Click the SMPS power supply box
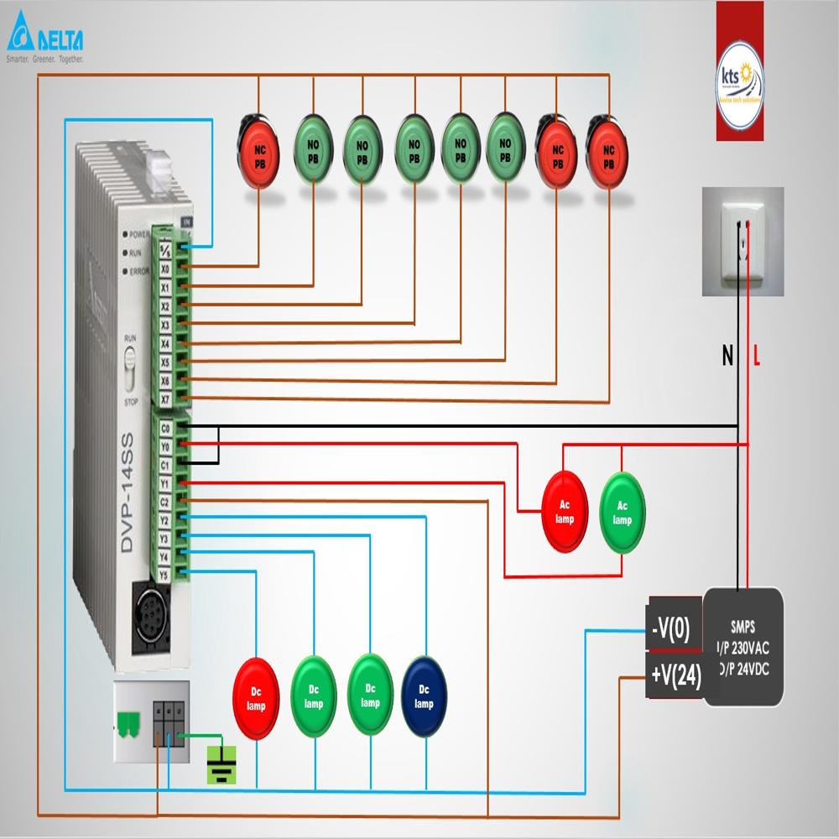743,646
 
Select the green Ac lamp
622,512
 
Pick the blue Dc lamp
425,697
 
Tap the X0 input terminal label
166,269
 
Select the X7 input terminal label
166,399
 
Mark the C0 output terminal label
165,429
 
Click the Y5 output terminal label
165,573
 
